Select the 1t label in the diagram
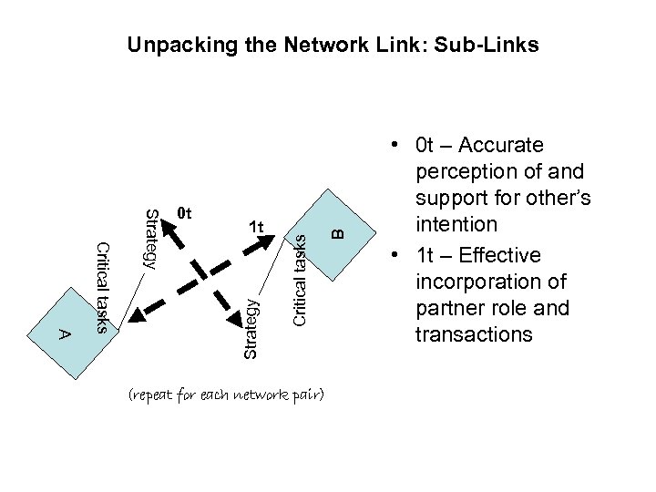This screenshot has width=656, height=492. click(256, 226)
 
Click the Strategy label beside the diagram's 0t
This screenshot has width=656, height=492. click(153, 239)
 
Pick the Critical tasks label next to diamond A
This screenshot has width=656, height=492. click(102, 288)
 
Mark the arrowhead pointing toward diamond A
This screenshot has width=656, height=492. click(137, 314)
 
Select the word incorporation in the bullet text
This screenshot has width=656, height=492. click(474, 282)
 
